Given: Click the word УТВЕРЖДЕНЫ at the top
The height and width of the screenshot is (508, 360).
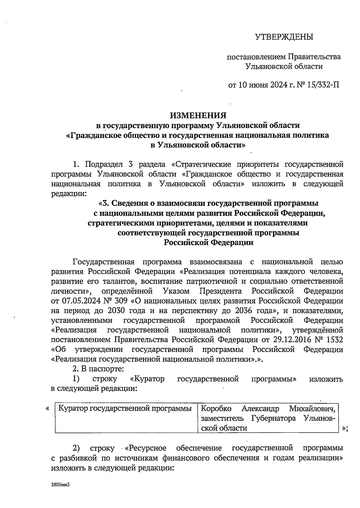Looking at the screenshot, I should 284,37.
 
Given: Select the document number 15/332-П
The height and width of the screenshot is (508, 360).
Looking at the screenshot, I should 323,86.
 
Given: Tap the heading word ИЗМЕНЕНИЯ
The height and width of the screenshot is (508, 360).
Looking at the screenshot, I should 198,116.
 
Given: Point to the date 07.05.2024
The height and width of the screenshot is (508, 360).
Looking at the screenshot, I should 79,301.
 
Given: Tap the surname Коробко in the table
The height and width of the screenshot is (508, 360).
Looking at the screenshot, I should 216,409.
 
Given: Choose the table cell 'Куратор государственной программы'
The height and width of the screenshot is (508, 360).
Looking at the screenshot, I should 125,408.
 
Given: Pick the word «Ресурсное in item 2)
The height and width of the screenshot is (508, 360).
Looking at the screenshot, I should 145,448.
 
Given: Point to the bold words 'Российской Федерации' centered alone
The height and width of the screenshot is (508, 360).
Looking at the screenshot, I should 208,242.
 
